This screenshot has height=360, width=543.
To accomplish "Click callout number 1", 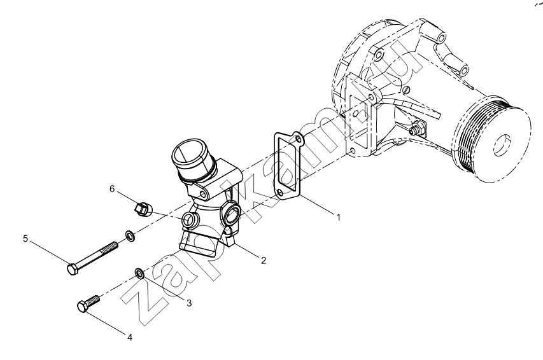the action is point(338,218).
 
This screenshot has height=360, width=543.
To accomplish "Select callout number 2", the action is point(264,260).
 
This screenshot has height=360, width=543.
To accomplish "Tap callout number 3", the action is point(189,303).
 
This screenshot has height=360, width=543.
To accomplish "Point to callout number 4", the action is point(130,337).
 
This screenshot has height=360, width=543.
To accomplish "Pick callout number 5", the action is point(25,239).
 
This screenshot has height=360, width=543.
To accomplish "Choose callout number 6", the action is point(112,189).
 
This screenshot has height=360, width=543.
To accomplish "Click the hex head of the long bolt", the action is point(73,269).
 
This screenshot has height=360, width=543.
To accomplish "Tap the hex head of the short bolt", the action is point(83,307).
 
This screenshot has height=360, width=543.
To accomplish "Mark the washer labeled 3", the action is point(139,273).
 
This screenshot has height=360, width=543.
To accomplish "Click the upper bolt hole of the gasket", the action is point(298,139).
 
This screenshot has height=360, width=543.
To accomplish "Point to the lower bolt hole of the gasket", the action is point(281,191).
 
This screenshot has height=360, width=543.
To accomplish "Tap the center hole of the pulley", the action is point(502,145).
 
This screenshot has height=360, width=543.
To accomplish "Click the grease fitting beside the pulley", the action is point(418,128).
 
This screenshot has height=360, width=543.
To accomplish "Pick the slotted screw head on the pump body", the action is point(407,90).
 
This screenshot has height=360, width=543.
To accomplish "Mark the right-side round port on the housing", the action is point(231,214).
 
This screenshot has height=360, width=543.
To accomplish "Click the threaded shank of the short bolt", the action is point(94,300).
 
